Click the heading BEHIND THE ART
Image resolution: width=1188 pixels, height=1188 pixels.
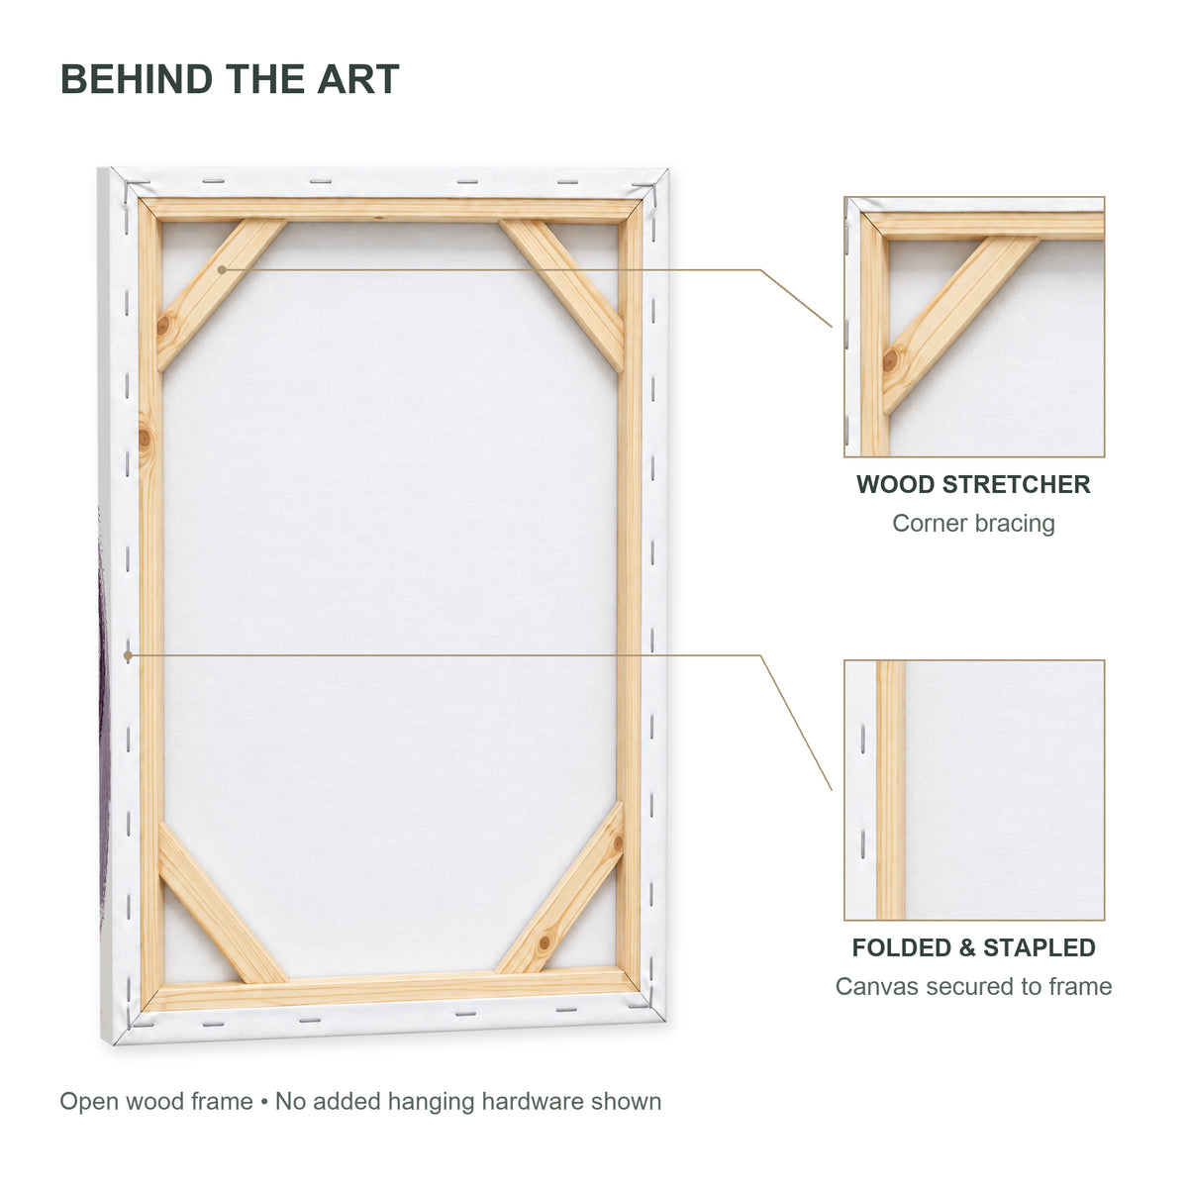click(230, 79)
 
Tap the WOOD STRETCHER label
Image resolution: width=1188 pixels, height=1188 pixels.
click(973, 484)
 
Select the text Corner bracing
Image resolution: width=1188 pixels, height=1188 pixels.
click(973, 523)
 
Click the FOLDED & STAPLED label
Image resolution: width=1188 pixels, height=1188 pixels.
click(973, 947)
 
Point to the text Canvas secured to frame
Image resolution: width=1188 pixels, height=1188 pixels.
click(973, 986)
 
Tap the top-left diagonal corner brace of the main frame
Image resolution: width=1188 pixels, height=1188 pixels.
click(221, 294)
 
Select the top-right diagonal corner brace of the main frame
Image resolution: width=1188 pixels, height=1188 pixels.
click(561, 295)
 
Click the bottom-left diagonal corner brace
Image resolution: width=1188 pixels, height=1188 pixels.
click(222, 904)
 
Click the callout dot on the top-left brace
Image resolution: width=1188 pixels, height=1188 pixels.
click(222, 269)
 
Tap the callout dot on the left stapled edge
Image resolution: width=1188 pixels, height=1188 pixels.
click(128, 655)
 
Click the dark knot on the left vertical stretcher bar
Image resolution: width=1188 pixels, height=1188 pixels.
click(145, 439)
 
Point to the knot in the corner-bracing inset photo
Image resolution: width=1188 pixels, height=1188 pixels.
click(890, 360)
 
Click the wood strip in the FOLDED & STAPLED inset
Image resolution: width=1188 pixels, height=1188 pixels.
click(890, 790)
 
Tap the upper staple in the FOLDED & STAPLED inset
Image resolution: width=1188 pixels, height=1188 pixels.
click(862, 740)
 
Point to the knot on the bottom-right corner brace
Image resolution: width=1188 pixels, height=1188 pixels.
click(544, 942)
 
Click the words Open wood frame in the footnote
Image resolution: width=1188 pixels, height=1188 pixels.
click(156, 1101)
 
